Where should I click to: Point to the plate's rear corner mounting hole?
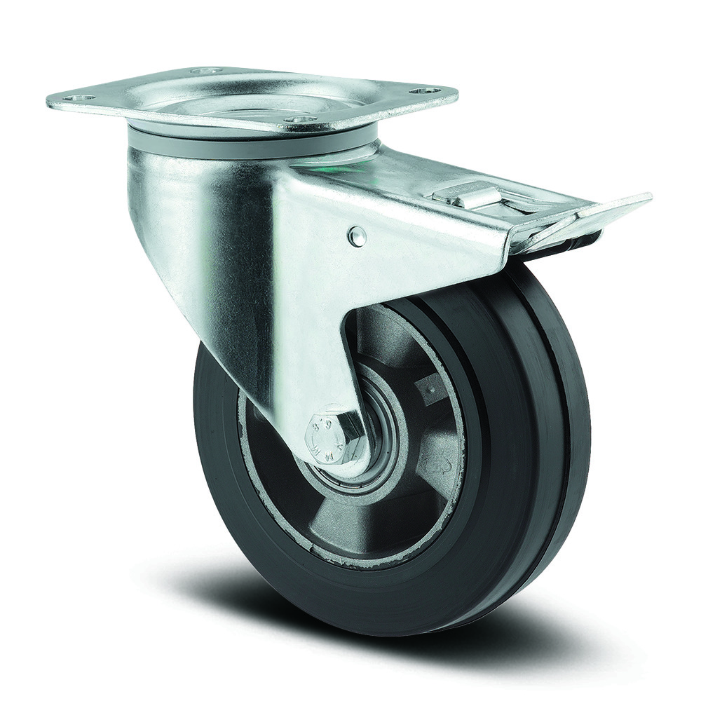pyautogui.click(x=205, y=72)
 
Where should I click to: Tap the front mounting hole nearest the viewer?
pyautogui.click(x=301, y=121)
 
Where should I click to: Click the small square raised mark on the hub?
pyautogui.click(x=427, y=385)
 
